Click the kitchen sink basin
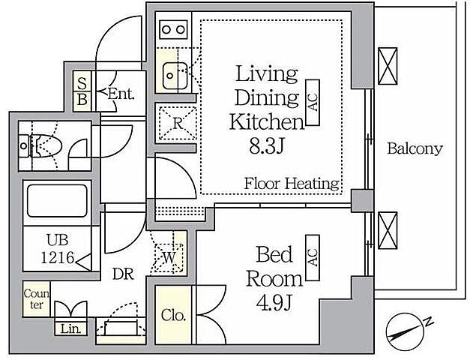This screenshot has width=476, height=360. [175, 76]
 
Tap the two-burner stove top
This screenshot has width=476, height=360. [173, 29]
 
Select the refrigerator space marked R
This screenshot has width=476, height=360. [177, 123]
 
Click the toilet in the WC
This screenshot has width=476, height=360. [40, 145]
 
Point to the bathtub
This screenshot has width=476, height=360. [57, 200]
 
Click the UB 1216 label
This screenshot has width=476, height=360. [58, 248]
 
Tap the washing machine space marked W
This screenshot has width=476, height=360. [169, 257]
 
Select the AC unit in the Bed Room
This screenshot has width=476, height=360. [313, 257]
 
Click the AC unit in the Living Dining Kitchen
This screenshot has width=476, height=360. [313, 103]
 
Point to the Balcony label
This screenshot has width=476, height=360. [415, 148]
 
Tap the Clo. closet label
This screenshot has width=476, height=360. [173, 315]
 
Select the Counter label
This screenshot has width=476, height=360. [37, 299]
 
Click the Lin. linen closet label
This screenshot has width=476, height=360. [71, 328]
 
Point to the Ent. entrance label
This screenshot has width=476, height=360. [121, 94]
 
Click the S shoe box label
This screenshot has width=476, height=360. [82, 83]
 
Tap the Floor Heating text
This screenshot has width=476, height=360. [292, 184]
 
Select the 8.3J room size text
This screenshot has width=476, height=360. [267, 146]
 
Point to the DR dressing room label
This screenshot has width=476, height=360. [123, 274]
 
